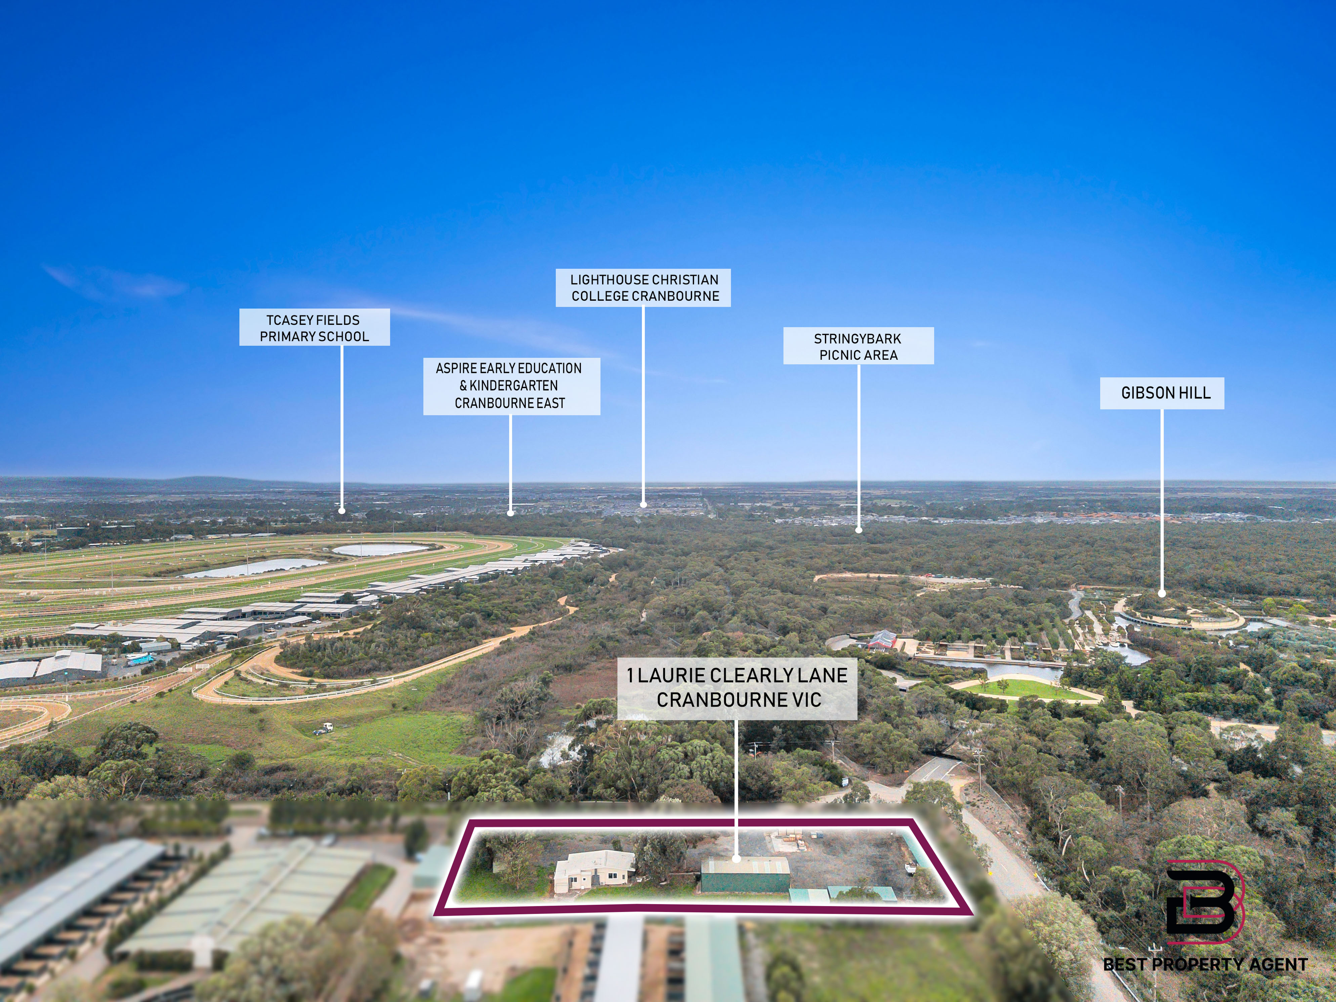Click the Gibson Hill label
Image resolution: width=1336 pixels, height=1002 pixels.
point(1162,393)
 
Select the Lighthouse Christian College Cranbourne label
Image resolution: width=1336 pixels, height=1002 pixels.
point(643,288)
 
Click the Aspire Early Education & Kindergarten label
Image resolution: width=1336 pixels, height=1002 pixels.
point(511,386)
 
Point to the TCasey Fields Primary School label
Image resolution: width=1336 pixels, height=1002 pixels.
point(315,327)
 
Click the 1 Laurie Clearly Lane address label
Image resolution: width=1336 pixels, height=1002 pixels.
point(737,688)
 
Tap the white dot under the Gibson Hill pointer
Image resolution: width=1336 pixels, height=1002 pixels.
point(1162,594)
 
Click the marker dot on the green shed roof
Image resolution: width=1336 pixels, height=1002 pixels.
point(736,858)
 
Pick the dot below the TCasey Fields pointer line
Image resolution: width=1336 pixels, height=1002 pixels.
point(342,511)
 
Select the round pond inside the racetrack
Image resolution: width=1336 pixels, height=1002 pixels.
point(380,550)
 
